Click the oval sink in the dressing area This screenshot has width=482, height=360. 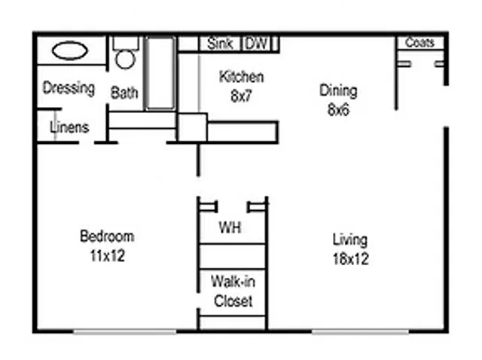click(x=70, y=50)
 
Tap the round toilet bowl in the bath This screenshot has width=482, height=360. click(x=126, y=59)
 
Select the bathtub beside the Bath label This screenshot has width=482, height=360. click(x=160, y=73)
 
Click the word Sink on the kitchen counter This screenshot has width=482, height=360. click(x=219, y=43)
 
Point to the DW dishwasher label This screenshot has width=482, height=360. click(x=256, y=43)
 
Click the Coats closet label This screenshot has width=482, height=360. click(x=419, y=42)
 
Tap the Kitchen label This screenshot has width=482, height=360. click(x=241, y=77)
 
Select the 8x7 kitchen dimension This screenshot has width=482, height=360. click(x=241, y=96)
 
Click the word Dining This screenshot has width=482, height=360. click(x=338, y=91)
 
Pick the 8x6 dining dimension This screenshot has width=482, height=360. click(x=338, y=109)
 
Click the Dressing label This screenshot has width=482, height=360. click(x=69, y=88)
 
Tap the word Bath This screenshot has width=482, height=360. click(x=124, y=93)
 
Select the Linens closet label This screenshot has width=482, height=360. click(x=69, y=127)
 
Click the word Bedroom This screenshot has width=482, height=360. click(x=107, y=236)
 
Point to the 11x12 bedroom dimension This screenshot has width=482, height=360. click(x=108, y=256)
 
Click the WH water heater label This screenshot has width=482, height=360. click(x=230, y=227)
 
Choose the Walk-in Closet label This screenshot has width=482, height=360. click(x=233, y=291)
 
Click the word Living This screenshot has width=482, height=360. click(x=350, y=239)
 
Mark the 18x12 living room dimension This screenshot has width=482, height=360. click(x=351, y=259)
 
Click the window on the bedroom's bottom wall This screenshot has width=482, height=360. click(x=125, y=331)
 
